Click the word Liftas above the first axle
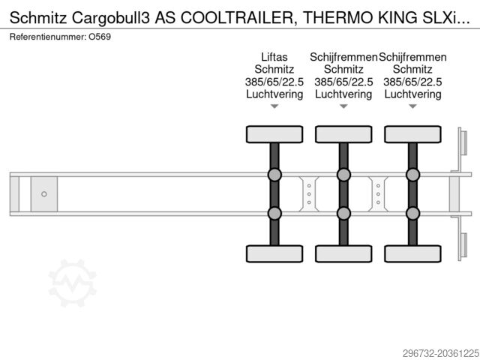click(274, 57)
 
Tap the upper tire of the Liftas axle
click(274, 134)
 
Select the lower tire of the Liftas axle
click(274, 253)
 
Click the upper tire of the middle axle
click(343, 134)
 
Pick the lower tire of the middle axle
click(343, 253)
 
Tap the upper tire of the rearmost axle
click(413, 134)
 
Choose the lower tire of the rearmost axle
click(413, 253)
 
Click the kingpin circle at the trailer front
click(44, 194)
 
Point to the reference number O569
click(100, 37)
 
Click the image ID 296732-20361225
click(441, 353)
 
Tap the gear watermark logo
click(72, 283)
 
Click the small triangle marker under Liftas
click(274, 106)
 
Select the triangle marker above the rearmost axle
click(413, 106)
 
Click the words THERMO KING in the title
click(360, 18)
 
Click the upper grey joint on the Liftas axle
click(274, 175)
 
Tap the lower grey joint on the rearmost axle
click(413, 213)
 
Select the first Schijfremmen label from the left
click(343, 57)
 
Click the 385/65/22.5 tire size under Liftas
click(274, 82)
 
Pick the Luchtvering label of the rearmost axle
click(412, 94)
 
